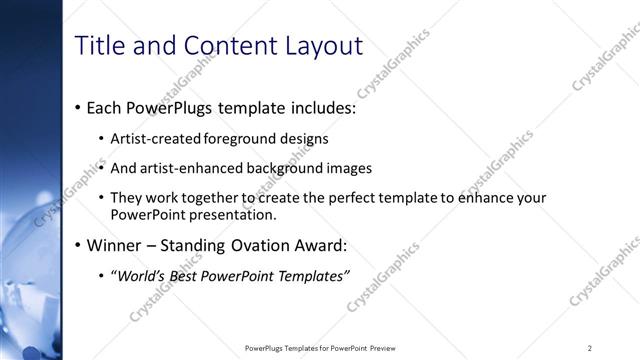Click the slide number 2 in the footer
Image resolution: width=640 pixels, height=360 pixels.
tap(590, 348)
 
